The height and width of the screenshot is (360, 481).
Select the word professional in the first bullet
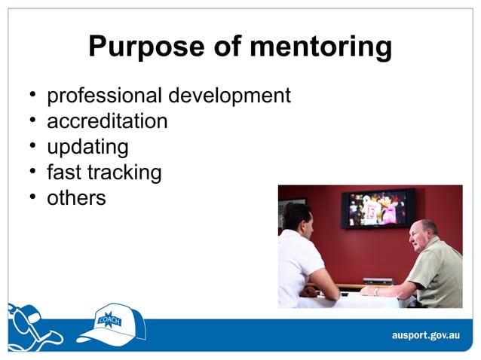point(104,96)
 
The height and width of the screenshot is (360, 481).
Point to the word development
point(229,96)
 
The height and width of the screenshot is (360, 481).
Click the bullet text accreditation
point(107,121)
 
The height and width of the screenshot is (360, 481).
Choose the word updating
point(87,147)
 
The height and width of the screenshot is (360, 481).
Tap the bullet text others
point(76,198)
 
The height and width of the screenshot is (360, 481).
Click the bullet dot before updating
point(33,145)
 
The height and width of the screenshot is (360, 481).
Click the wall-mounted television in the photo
point(377,208)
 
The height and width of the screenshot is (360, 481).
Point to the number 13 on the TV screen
point(371,212)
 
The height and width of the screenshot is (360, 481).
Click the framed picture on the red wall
point(290,211)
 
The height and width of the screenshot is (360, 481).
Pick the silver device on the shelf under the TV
point(378,280)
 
